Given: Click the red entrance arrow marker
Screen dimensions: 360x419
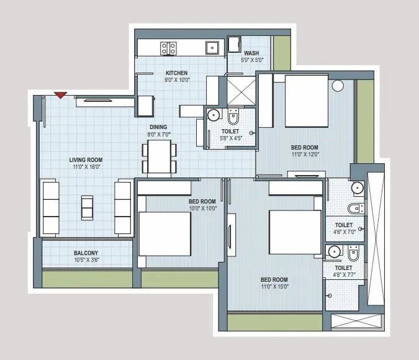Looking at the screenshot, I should tap(60, 95).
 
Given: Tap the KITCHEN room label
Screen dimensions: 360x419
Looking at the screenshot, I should tap(176, 73).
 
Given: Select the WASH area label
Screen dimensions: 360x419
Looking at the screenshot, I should tap(251, 53).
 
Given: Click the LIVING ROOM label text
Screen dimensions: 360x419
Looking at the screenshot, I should tap(85, 160).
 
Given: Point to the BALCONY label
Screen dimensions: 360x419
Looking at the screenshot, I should tap(86, 253).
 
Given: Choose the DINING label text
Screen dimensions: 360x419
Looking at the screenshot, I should tap(160, 127).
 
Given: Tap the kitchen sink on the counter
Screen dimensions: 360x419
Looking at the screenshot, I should tap(212, 46).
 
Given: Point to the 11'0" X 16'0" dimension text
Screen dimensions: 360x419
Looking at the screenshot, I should tap(85, 167).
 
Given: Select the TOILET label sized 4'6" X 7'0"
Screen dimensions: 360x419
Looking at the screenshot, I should tap(343, 225).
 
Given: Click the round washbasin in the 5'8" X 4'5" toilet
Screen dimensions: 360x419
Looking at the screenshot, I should tap(213, 115).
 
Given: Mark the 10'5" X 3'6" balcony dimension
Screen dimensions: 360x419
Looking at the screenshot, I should tap(86, 260).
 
